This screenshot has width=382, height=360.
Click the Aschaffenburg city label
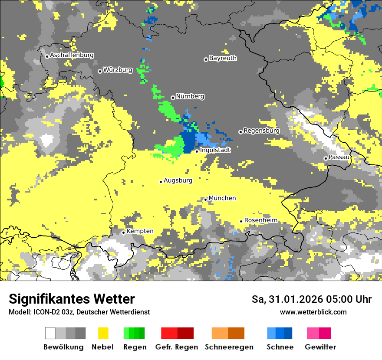pos(72,56)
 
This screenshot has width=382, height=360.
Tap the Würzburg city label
pos(118,70)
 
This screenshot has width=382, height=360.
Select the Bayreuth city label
pos(223,58)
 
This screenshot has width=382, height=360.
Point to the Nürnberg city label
pos(190,96)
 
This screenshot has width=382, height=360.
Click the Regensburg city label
pos(261,131)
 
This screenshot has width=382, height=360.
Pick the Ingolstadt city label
pos(215,150)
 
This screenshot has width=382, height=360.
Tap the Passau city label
pos(339,157)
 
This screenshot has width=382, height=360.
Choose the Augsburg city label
pos(178,180)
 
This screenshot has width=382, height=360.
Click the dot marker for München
pos(206,200)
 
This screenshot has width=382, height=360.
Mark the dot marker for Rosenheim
pos(241,221)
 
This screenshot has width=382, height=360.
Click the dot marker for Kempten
pos(123,232)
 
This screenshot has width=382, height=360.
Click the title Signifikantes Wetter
pos(72,299)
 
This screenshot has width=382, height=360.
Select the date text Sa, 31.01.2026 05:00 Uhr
pos(311,299)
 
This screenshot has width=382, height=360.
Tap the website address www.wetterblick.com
pos(313,312)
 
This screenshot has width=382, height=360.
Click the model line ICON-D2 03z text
pos(79,312)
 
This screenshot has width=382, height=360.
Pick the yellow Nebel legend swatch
pos(103,333)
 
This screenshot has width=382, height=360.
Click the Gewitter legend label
pos(320,347)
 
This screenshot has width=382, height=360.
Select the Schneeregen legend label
pos(229,347)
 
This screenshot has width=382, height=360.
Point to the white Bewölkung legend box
pos(50,333)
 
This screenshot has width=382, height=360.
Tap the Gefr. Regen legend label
pos(177,347)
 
